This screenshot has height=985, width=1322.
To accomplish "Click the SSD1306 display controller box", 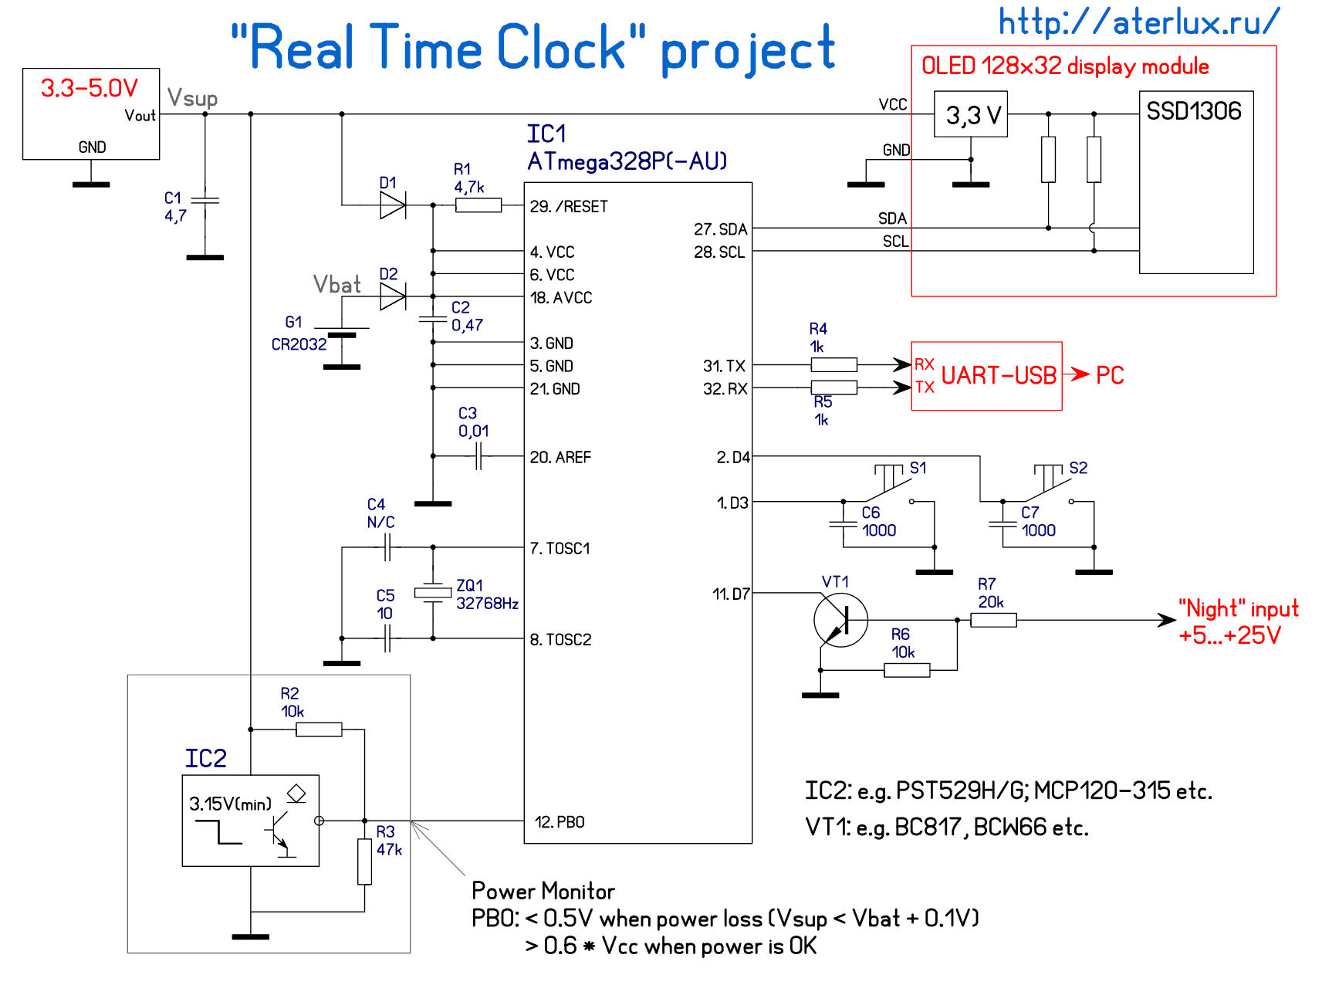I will pyautogui.click(x=1195, y=182).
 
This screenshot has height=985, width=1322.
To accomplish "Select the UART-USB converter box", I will pyautogui.click(x=986, y=376).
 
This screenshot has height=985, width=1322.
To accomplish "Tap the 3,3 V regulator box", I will pyautogui.click(x=970, y=114).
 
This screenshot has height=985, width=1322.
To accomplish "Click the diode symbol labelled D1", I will pyautogui.click(x=393, y=205).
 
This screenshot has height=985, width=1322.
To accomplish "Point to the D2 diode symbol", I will pyautogui.click(x=393, y=296).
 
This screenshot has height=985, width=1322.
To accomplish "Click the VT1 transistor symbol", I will pyautogui.click(x=840, y=619).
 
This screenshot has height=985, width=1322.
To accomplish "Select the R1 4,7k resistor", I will pyautogui.click(x=478, y=205).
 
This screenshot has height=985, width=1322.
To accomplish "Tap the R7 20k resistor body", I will pyautogui.click(x=993, y=619).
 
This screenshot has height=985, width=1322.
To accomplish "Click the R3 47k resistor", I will pyautogui.click(x=365, y=861).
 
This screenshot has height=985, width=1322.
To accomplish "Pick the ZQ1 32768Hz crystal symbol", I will pyautogui.click(x=433, y=593).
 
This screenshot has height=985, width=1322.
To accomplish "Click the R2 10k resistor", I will pyautogui.click(x=319, y=729).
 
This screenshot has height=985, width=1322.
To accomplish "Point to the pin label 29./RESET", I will pyautogui.click(x=569, y=207).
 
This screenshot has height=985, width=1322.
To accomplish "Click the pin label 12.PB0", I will pyautogui.click(x=560, y=822).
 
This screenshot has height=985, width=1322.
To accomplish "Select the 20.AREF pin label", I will pyautogui.click(x=560, y=458).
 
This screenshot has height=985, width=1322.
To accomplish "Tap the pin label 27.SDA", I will pyautogui.click(x=721, y=229).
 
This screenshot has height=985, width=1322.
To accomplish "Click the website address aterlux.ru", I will pyautogui.click(x=1138, y=22).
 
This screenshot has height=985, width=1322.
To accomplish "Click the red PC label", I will pyautogui.click(x=1110, y=376).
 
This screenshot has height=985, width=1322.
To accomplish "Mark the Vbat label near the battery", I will pyautogui.click(x=337, y=285).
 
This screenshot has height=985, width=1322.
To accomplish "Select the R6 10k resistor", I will pyautogui.click(x=907, y=670).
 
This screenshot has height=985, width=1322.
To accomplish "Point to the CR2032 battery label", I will pyautogui.click(x=299, y=344).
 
